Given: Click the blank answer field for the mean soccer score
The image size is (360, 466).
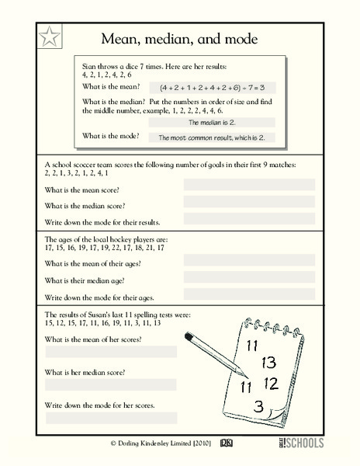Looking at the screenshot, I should (x=249, y=185).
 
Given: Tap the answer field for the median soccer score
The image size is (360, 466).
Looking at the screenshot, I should (x=249, y=200).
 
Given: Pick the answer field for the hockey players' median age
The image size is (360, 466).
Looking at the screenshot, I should (x=249, y=279).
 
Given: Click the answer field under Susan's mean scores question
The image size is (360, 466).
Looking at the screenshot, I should (x=111, y=352).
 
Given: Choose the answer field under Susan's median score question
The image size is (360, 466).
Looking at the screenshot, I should (x=111, y=384).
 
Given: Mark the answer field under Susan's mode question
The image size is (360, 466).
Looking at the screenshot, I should (x=111, y=418).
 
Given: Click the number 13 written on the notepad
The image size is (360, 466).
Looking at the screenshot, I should (x=268, y=362).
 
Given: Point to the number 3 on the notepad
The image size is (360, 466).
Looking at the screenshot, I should (x=258, y=405).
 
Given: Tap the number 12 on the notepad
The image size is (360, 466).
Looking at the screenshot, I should (x=271, y=383).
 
